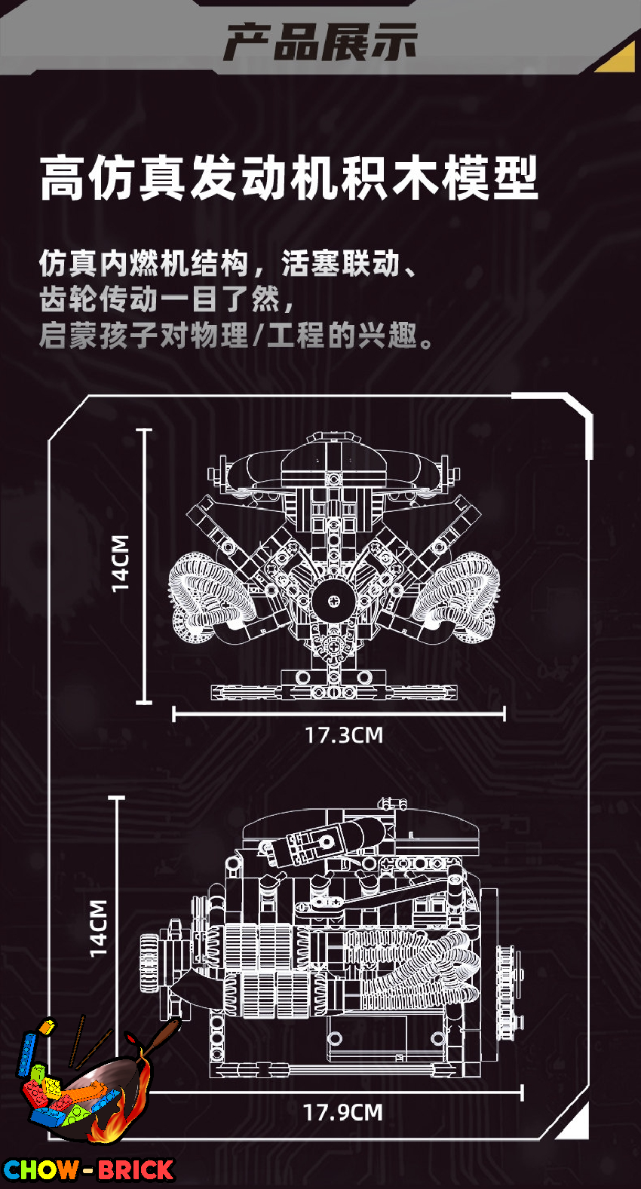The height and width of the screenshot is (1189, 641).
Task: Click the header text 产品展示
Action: tap(320, 41)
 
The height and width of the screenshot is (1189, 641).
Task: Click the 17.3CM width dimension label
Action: tap(344, 735)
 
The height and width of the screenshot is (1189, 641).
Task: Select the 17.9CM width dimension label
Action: tap(342, 1112)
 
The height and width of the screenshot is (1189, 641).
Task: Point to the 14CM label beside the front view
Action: tap(120, 562)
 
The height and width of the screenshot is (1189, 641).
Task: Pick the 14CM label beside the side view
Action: tap(98, 928)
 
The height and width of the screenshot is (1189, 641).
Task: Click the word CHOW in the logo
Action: tap(41, 1169)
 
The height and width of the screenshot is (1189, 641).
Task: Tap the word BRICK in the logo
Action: tap(136, 1169)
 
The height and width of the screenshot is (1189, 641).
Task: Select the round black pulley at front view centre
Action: tap(333, 600)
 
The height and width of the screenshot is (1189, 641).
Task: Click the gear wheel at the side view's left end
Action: tap(150, 964)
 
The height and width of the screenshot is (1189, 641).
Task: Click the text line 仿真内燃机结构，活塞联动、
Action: tap(228, 264)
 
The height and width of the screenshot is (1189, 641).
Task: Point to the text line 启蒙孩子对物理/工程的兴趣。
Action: tap(236, 336)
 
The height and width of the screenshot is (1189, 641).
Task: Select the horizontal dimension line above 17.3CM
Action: tap(339, 715)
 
